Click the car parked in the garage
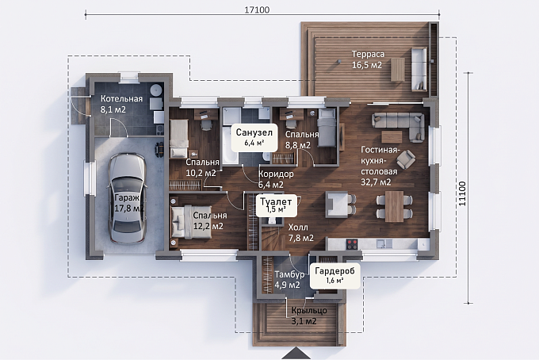click(126, 199)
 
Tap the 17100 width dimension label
click(257, 10)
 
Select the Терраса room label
click(368, 55)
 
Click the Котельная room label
click(121, 99)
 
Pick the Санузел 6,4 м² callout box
click(254, 137)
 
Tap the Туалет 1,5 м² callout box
click(276, 205)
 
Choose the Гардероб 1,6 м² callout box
click(334, 275)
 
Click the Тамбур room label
click(289, 274)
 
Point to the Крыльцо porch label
click(309, 311)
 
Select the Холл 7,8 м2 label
click(300, 232)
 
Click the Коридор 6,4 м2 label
click(276, 179)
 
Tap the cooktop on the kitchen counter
click(353, 244)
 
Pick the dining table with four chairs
click(394, 206)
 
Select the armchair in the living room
click(406, 159)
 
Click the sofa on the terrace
click(419, 68)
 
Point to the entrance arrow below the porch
click(296, 354)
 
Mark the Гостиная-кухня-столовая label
click(379, 166)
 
